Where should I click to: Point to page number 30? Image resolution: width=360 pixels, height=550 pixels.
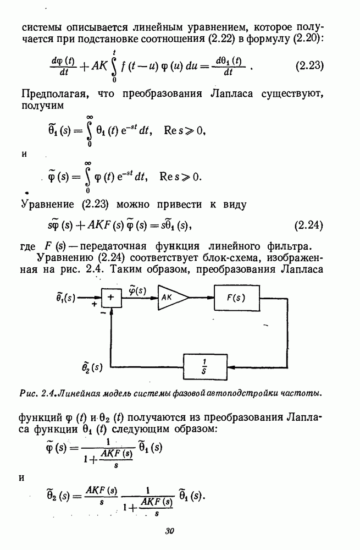click(169, 530)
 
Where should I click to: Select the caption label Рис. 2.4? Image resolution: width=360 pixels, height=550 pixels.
click(38, 393)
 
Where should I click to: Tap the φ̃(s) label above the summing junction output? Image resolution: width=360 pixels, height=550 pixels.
click(137, 288)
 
